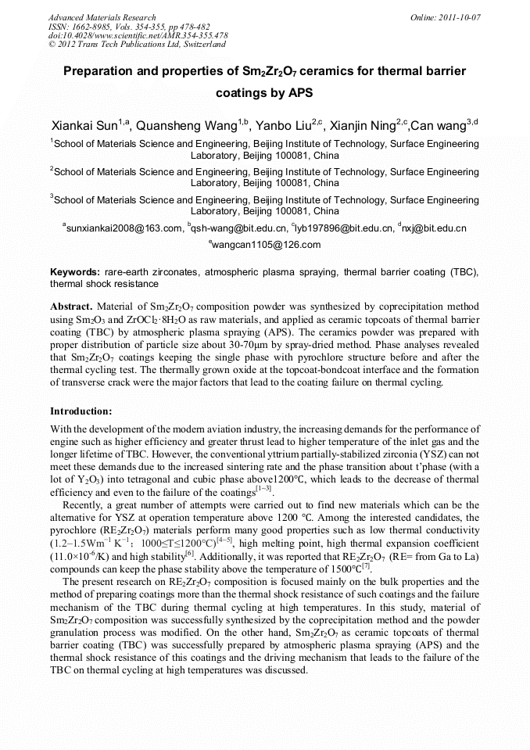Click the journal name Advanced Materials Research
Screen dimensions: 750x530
(102, 17)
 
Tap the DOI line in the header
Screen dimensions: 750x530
(138, 36)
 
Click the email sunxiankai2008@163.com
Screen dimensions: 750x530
(124, 228)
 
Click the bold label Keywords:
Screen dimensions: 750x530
(75, 272)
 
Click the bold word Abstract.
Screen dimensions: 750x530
(71, 307)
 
